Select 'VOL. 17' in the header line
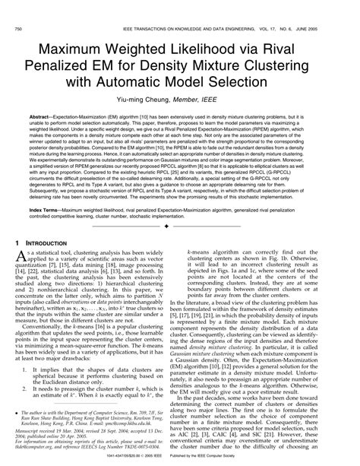pyautogui.click(x=270, y=8)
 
